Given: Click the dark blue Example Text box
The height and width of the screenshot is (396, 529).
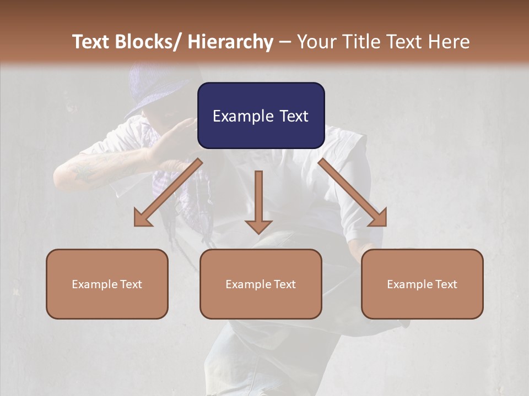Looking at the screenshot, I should [261, 116].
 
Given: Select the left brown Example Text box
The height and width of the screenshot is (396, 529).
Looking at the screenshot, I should [107, 284].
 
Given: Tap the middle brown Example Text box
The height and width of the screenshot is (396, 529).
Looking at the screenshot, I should [261, 284].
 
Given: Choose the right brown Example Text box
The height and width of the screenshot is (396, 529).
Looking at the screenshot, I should [422, 284].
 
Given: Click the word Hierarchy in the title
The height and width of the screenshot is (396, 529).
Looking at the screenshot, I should [230, 42].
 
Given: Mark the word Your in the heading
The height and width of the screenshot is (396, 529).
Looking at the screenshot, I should [316, 42].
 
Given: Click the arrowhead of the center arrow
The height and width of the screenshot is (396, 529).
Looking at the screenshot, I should [258, 226].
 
